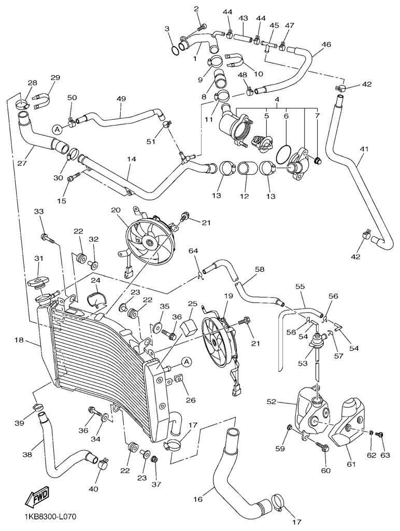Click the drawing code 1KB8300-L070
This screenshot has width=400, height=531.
pyautogui.click(x=50, y=517)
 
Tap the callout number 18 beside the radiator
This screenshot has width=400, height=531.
pyautogui.click(x=20, y=340)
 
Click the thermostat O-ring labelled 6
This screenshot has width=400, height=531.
pyautogui.click(x=283, y=154)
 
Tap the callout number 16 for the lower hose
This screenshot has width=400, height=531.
pyautogui.click(x=197, y=500)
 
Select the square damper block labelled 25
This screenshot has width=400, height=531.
pyautogui.click(x=190, y=326)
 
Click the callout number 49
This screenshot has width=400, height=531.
pyautogui.click(x=121, y=99)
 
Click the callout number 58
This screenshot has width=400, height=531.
pyautogui.click(x=259, y=270)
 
